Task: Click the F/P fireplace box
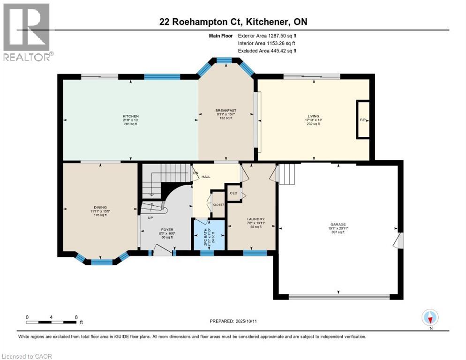point(363,120)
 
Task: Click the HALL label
point(206,177)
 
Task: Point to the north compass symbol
point(429,318)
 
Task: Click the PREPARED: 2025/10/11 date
point(233,321)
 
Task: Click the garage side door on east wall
point(398,241)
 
